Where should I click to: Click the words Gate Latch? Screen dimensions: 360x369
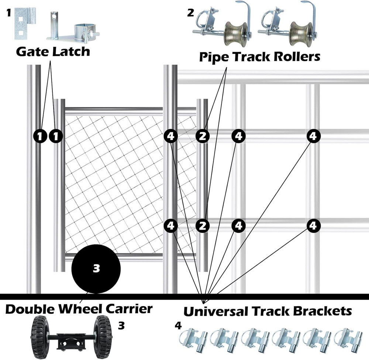[x=53, y=51]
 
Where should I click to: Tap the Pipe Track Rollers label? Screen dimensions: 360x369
[x=259, y=57]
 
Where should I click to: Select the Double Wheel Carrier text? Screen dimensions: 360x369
[x=79, y=309]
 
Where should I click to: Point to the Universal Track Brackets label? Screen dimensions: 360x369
[x=267, y=311]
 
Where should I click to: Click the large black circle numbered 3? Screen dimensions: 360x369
[x=96, y=268]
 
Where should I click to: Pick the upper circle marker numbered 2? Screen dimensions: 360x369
[x=202, y=136]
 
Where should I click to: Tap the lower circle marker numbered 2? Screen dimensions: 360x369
[x=202, y=225]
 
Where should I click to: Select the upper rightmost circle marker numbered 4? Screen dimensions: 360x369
[x=313, y=136]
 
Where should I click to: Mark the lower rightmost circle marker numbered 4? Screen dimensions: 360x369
[x=313, y=225]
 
